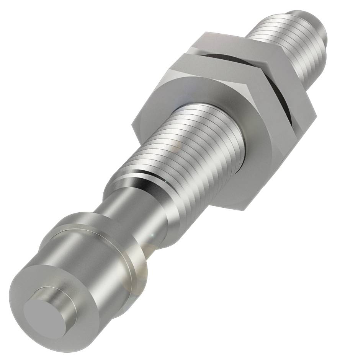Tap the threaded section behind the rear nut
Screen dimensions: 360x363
(x=295, y=46)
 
